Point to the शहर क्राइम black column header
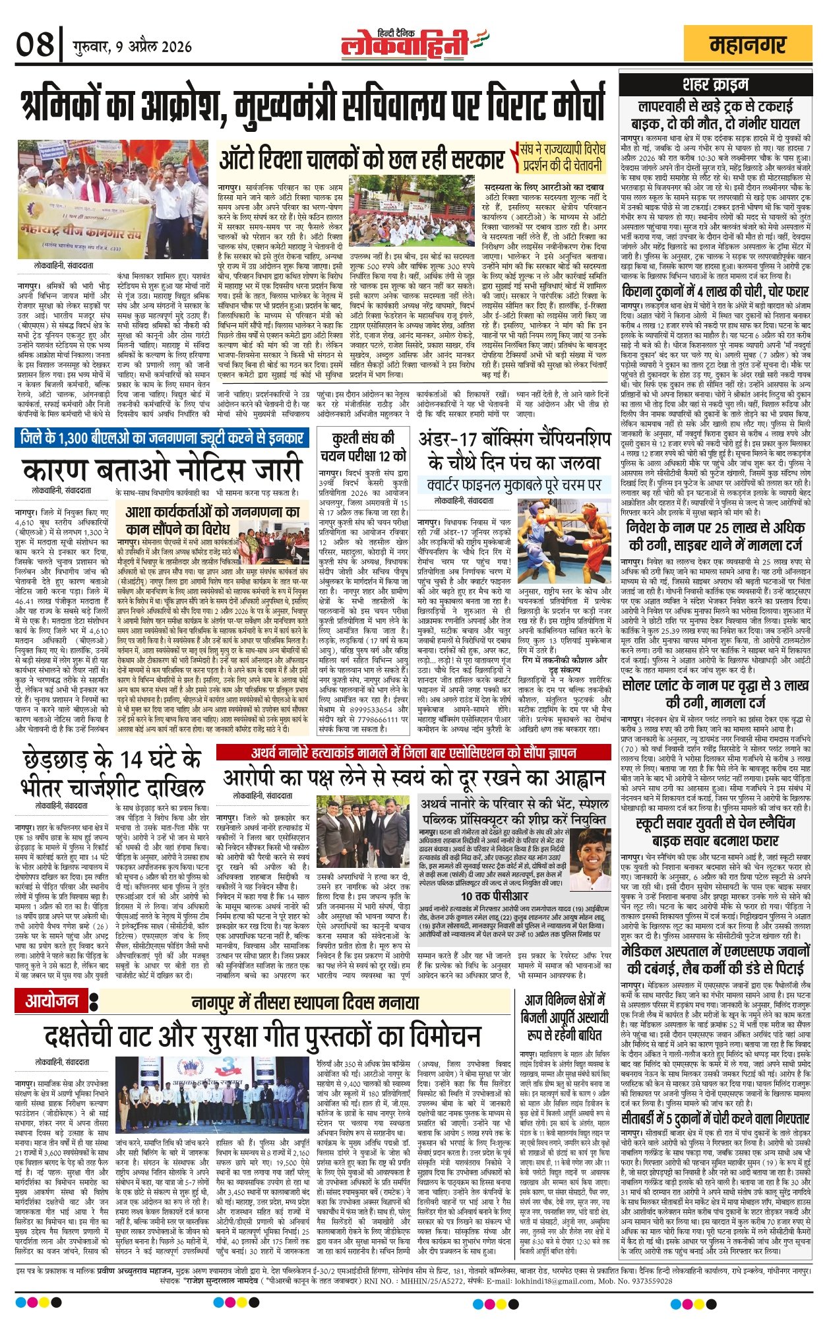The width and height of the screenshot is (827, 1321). coord(716,84)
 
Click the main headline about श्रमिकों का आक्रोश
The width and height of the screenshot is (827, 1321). coord(313,106)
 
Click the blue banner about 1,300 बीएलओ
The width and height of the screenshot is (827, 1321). coord(162,437)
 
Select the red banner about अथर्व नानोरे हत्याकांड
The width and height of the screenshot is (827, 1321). coord(413,753)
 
